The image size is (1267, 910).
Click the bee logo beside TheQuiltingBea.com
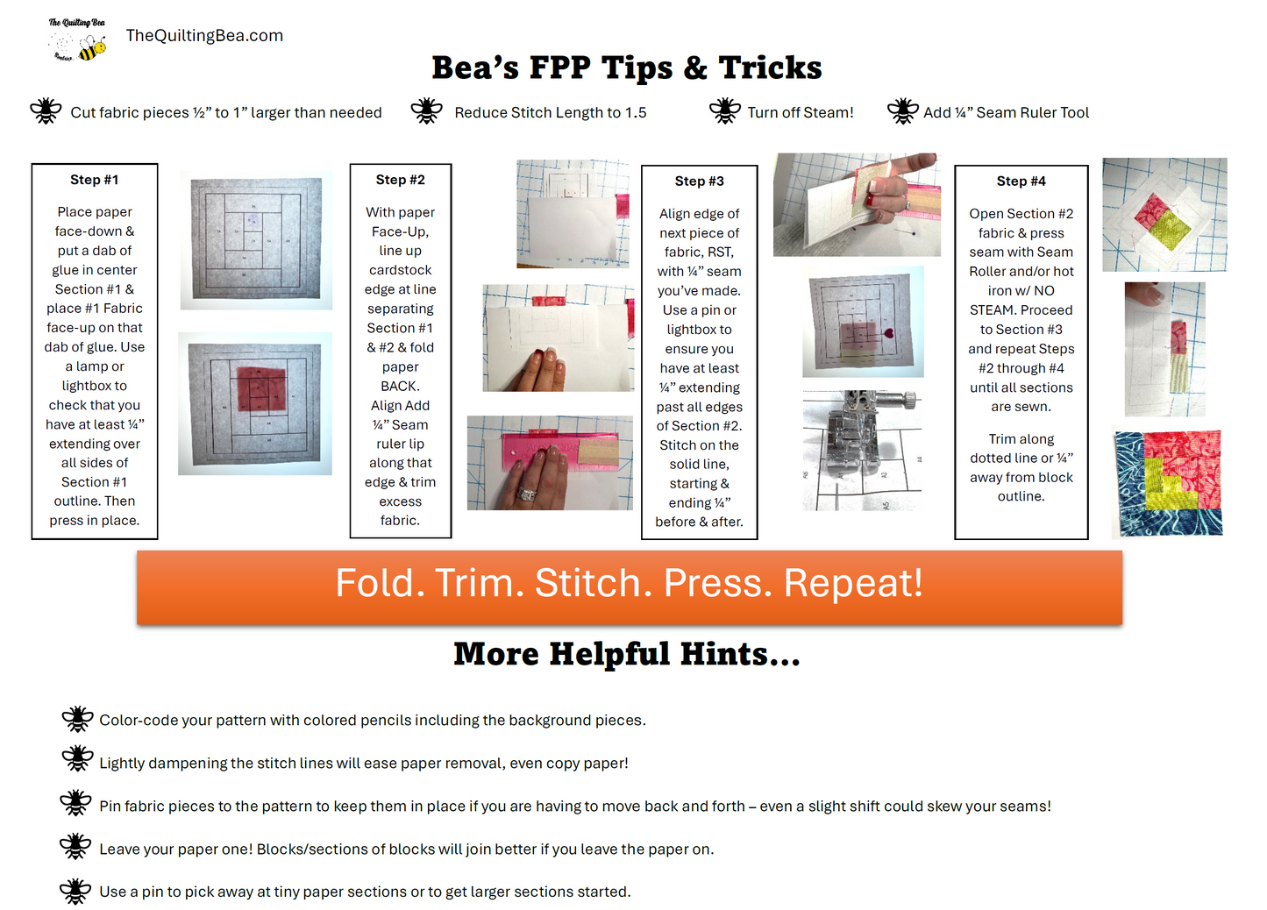pyautogui.click(x=77, y=39)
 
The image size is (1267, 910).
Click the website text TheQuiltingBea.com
pyautogui.click(x=204, y=36)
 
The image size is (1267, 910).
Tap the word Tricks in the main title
pyautogui.click(x=770, y=68)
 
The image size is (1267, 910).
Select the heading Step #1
pyautogui.click(x=95, y=180)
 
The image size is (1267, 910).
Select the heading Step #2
pyautogui.click(x=401, y=180)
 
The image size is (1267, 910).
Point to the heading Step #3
pyautogui.click(x=699, y=181)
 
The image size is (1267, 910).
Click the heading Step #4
pyautogui.click(x=1021, y=181)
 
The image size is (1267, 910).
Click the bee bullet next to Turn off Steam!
pyautogui.click(x=724, y=110)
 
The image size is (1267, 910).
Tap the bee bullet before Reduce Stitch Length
pyautogui.click(x=426, y=110)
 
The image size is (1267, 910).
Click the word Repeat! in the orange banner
pyautogui.click(x=853, y=583)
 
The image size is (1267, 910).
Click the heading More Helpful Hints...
pyautogui.click(x=627, y=654)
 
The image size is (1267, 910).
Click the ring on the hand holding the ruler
pyautogui.click(x=527, y=494)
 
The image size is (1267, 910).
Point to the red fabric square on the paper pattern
pyautogui.click(x=261, y=389)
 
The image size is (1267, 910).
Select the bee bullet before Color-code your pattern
pyautogui.click(x=77, y=719)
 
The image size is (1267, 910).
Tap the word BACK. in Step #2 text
pyautogui.click(x=401, y=387)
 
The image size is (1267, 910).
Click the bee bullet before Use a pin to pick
pyautogui.click(x=75, y=892)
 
